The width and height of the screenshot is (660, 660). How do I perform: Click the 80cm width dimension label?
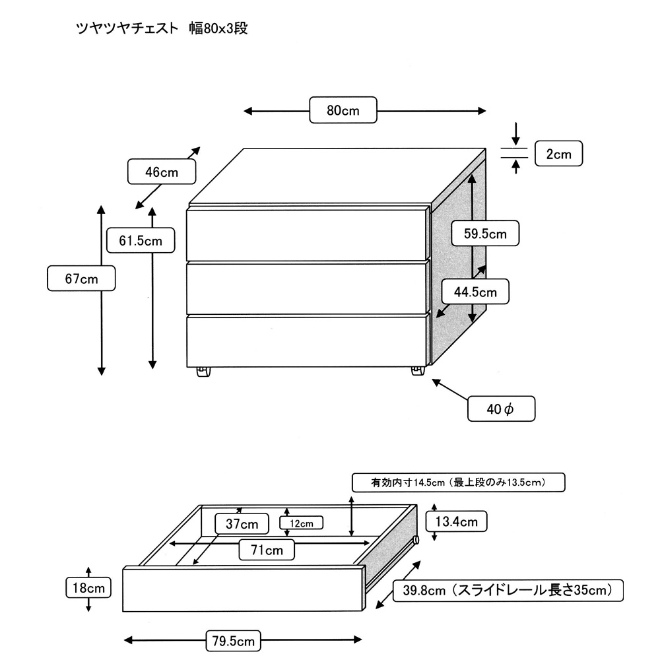coord(343,110)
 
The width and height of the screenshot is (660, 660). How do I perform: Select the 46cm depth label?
coord(162,172)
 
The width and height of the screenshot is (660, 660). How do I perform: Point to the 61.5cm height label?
coord(141,240)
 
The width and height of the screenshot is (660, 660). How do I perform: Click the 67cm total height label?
coord(82,279)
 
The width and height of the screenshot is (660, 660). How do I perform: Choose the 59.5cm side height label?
coord(484,233)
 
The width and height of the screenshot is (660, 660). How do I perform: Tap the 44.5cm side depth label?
coord(475,291)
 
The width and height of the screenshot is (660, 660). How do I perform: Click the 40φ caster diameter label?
coord(500,409)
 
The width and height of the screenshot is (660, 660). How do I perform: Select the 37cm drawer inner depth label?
coord(241,524)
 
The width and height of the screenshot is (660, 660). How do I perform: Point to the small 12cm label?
coord(301,523)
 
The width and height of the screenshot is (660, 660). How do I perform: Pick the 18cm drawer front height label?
coord(88,586)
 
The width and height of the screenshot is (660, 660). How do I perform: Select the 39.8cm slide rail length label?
coord(508,590)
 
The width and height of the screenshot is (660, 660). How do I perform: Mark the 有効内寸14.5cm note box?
coord(459,482)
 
